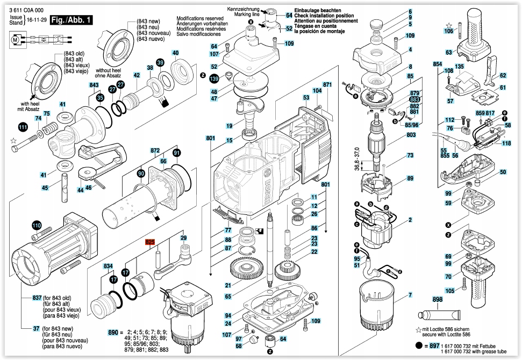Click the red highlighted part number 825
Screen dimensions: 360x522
click(x=149, y=243)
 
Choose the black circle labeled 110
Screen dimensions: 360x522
click(x=36, y=225)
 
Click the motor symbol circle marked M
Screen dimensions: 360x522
click(x=15, y=39)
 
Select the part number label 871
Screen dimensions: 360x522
click(x=327, y=85)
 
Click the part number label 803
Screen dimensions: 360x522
click(x=411, y=135)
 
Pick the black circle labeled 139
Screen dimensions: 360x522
click(x=214, y=79)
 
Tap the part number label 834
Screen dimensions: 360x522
click(x=109, y=267)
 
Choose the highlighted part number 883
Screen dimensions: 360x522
click(x=414, y=100)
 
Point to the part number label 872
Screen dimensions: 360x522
click(x=155, y=150)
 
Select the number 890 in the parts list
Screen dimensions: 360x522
click(x=113, y=333)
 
